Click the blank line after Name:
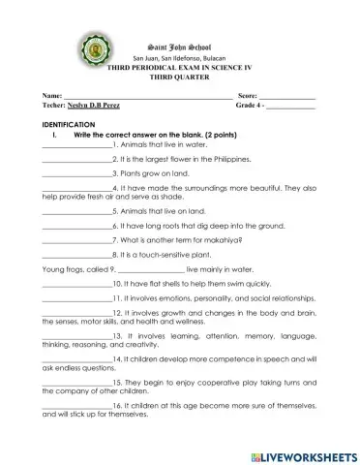(x=145, y=99)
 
